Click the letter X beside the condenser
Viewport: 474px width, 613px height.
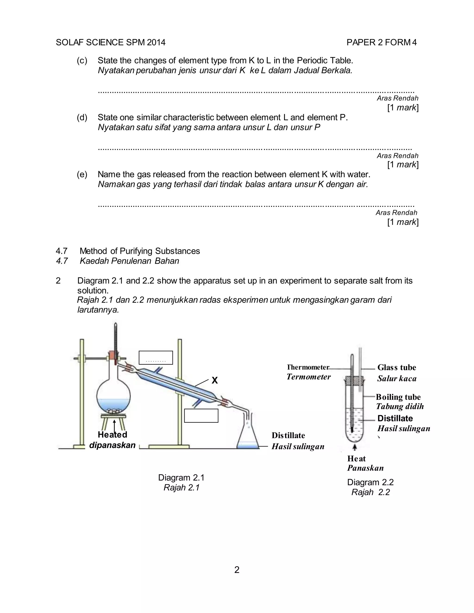(x=215, y=380)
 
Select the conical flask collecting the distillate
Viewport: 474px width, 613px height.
(x=248, y=437)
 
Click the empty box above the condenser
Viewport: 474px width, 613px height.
(x=156, y=358)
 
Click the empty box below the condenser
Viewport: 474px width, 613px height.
(x=201, y=416)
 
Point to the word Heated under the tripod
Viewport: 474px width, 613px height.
(x=112, y=434)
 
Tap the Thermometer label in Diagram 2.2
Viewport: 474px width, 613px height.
(x=308, y=367)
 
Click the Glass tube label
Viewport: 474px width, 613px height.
(x=396, y=367)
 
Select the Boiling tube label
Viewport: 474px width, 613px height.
(x=398, y=397)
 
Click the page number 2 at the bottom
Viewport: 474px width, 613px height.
(x=237, y=570)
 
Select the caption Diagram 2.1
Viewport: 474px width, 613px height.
(x=181, y=477)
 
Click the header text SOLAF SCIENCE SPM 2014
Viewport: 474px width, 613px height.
(x=111, y=42)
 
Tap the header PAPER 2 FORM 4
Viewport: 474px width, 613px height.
(x=381, y=42)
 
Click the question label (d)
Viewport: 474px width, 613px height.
(x=82, y=117)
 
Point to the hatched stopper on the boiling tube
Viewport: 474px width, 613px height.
(x=354, y=381)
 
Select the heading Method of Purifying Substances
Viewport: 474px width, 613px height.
(x=140, y=251)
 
